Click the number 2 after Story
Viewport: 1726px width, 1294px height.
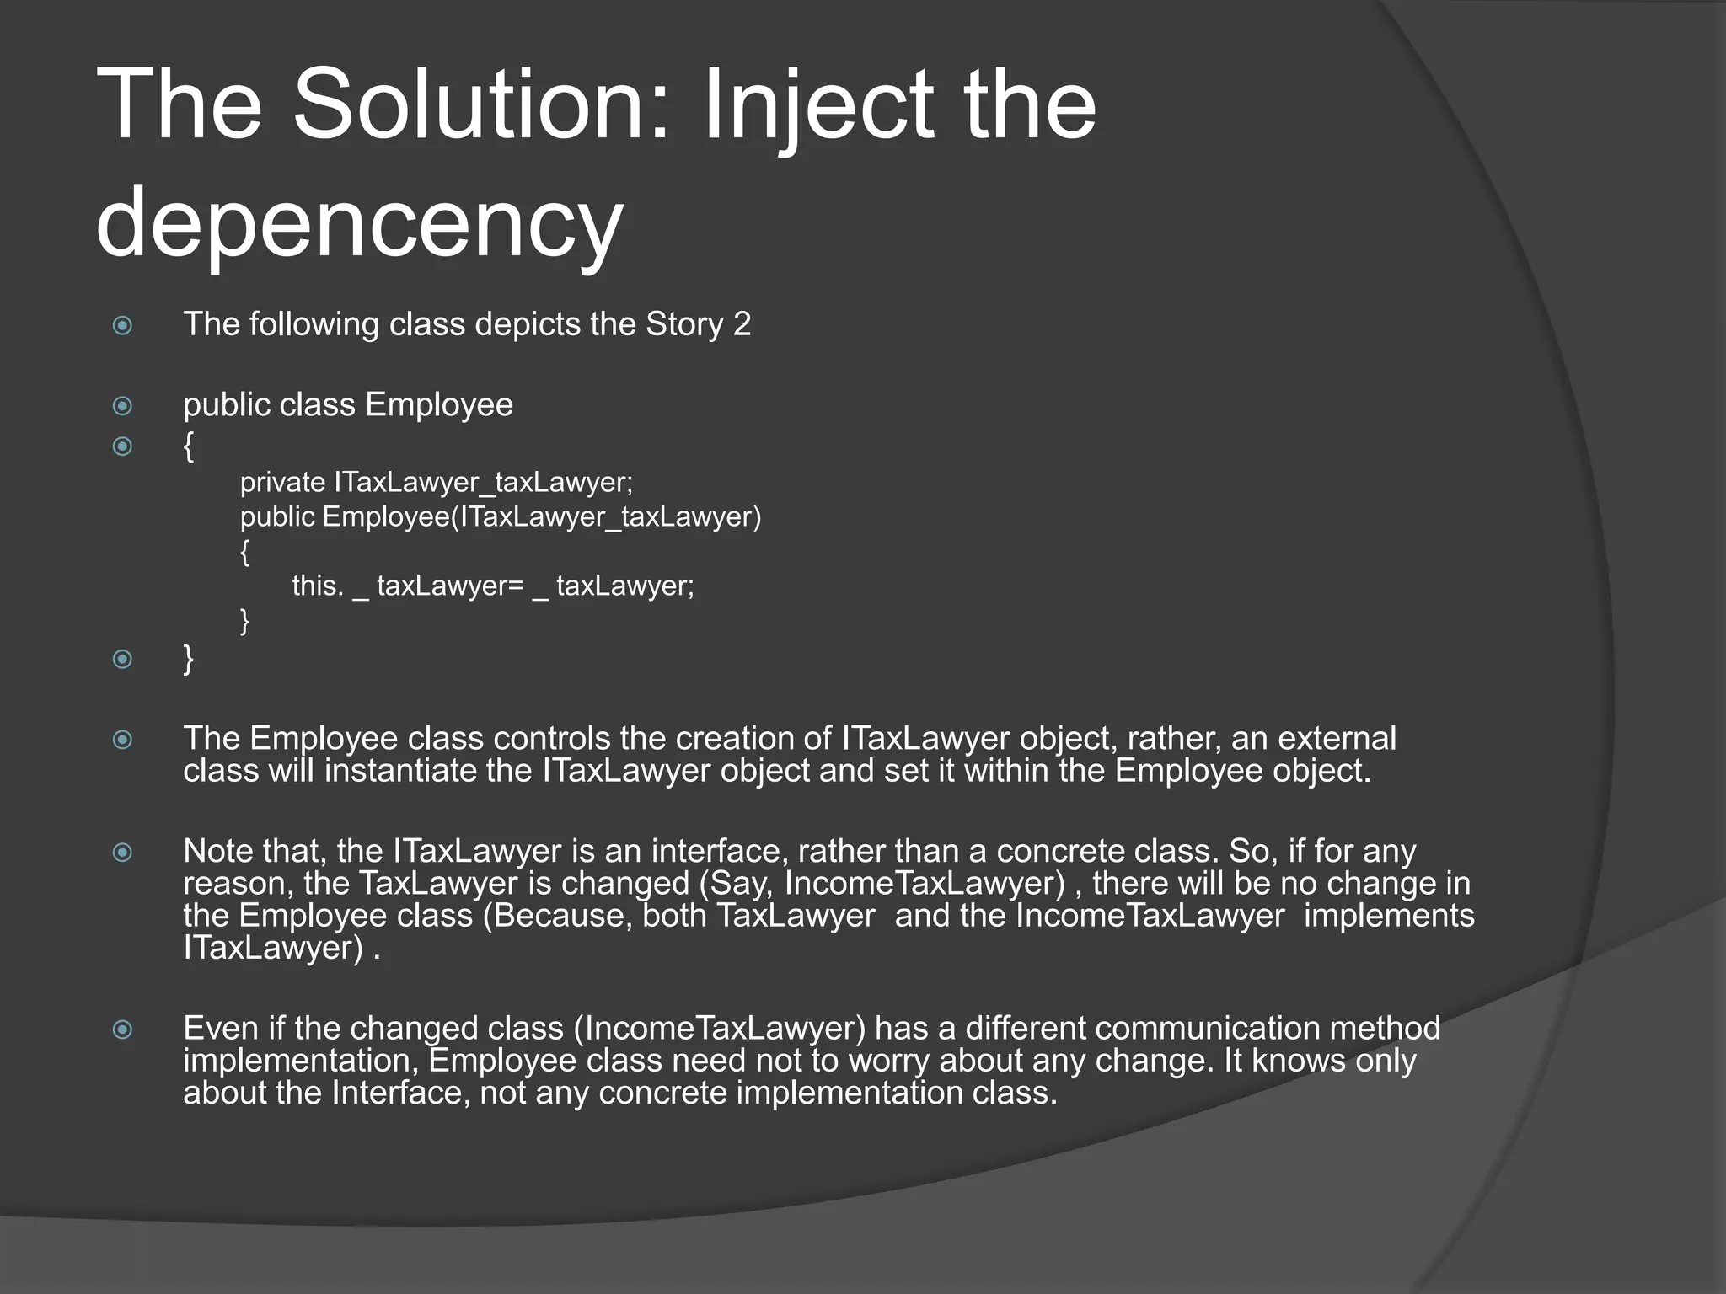coord(742,324)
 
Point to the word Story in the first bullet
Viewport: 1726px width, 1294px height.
coord(684,324)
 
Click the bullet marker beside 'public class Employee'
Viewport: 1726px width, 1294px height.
coord(123,406)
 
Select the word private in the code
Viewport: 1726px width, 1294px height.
coord(282,483)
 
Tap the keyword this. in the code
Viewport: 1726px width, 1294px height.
coord(318,586)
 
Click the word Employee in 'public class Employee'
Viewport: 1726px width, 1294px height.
coord(438,405)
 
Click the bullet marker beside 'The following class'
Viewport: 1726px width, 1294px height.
coord(123,325)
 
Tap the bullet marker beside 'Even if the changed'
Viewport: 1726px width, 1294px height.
coord(123,1029)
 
